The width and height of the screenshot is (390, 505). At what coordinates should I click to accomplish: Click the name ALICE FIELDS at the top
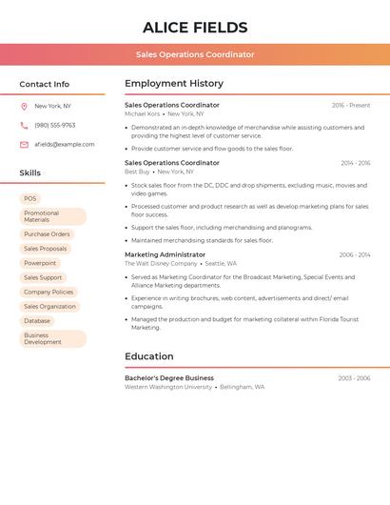[x=195, y=28]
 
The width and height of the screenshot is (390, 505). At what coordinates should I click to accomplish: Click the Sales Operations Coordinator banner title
[x=195, y=54]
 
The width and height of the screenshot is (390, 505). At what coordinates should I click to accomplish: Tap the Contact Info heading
[x=45, y=84]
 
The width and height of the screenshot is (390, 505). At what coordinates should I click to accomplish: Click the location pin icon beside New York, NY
[x=24, y=106]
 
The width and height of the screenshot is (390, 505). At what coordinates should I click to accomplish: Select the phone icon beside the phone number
[x=24, y=125]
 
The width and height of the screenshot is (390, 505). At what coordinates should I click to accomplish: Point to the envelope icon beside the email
[x=24, y=145]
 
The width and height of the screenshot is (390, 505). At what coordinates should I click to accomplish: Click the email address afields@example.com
[x=65, y=145]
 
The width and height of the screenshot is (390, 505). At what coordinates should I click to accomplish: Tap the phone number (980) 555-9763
[x=55, y=125]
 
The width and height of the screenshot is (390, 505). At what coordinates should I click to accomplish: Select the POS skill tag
[x=30, y=199]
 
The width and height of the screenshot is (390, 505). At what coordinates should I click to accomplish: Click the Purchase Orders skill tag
[x=47, y=233]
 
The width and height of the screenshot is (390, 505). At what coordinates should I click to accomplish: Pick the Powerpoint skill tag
[x=40, y=263]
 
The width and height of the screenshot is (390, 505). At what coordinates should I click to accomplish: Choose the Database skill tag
[x=37, y=321]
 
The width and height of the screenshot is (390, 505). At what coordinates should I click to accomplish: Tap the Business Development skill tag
[x=52, y=338]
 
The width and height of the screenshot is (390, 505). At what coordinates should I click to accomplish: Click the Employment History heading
[x=174, y=84]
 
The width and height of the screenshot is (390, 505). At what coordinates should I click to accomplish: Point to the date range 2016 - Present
[x=351, y=106]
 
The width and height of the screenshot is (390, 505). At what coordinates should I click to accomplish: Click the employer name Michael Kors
[x=143, y=113]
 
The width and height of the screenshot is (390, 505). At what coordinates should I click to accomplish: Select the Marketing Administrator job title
[x=165, y=254]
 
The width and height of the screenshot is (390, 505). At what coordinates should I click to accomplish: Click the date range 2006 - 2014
[x=354, y=255]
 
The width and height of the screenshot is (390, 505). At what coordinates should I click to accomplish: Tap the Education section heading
[x=148, y=356]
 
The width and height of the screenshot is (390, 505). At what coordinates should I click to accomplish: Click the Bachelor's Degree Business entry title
[x=169, y=378]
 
